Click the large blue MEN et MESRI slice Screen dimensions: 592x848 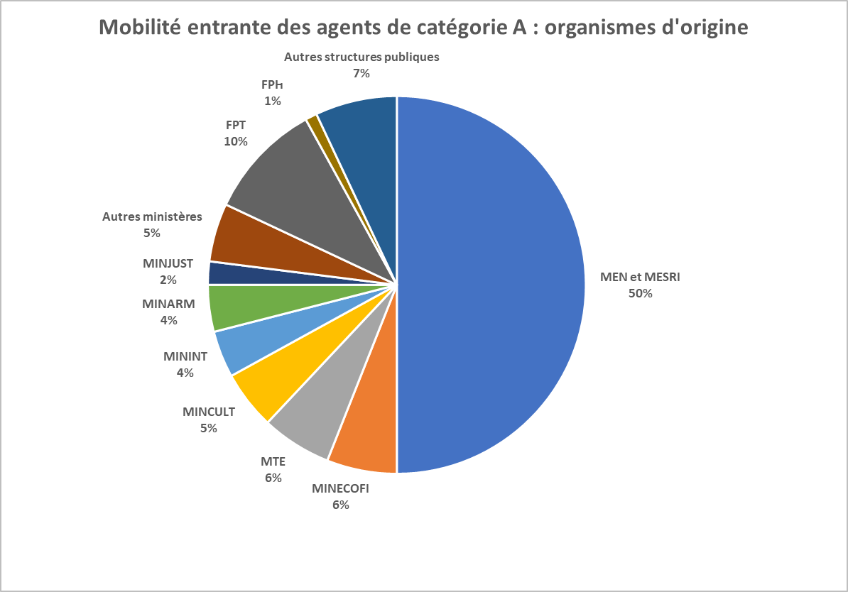[490, 284]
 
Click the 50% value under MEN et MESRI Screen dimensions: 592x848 [640, 293]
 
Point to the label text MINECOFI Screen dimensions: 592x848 [341, 488]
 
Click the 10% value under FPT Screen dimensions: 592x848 [235, 141]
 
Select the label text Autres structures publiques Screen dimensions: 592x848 [362, 57]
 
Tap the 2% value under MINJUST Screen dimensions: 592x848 [168, 280]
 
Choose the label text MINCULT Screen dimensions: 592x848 [209, 412]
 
